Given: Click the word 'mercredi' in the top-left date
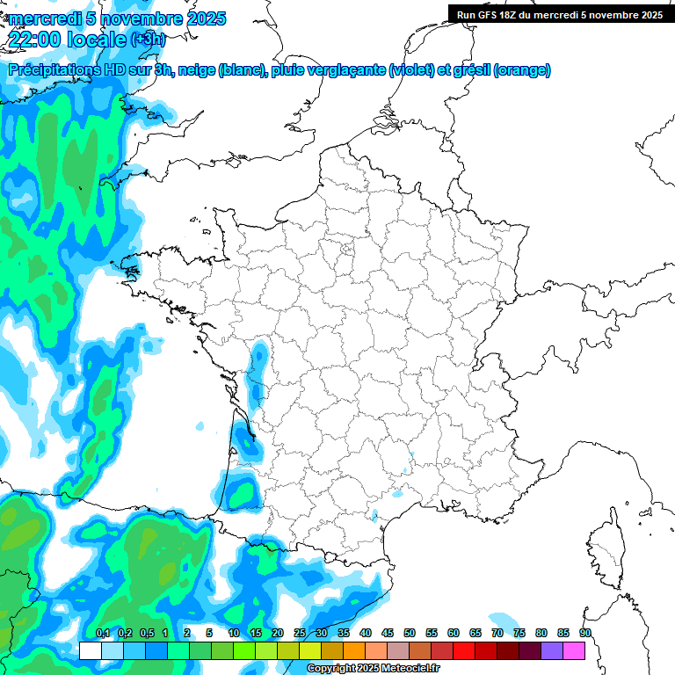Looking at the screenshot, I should [40, 18].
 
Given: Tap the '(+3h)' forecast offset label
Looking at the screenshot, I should [148, 40].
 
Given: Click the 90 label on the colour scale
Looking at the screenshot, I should [585, 633].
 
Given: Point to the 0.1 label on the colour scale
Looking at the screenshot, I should [102, 633].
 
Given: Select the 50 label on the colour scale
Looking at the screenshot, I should [410, 633].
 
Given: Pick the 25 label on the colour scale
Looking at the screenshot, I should [300, 633].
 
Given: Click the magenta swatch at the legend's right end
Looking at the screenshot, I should [574, 650].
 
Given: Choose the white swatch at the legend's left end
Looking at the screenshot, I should [91, 650].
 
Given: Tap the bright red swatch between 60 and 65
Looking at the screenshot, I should [464, 650].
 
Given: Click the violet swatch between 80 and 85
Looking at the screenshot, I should [552, 650].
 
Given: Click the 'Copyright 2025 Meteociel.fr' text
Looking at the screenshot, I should [373, 669].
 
